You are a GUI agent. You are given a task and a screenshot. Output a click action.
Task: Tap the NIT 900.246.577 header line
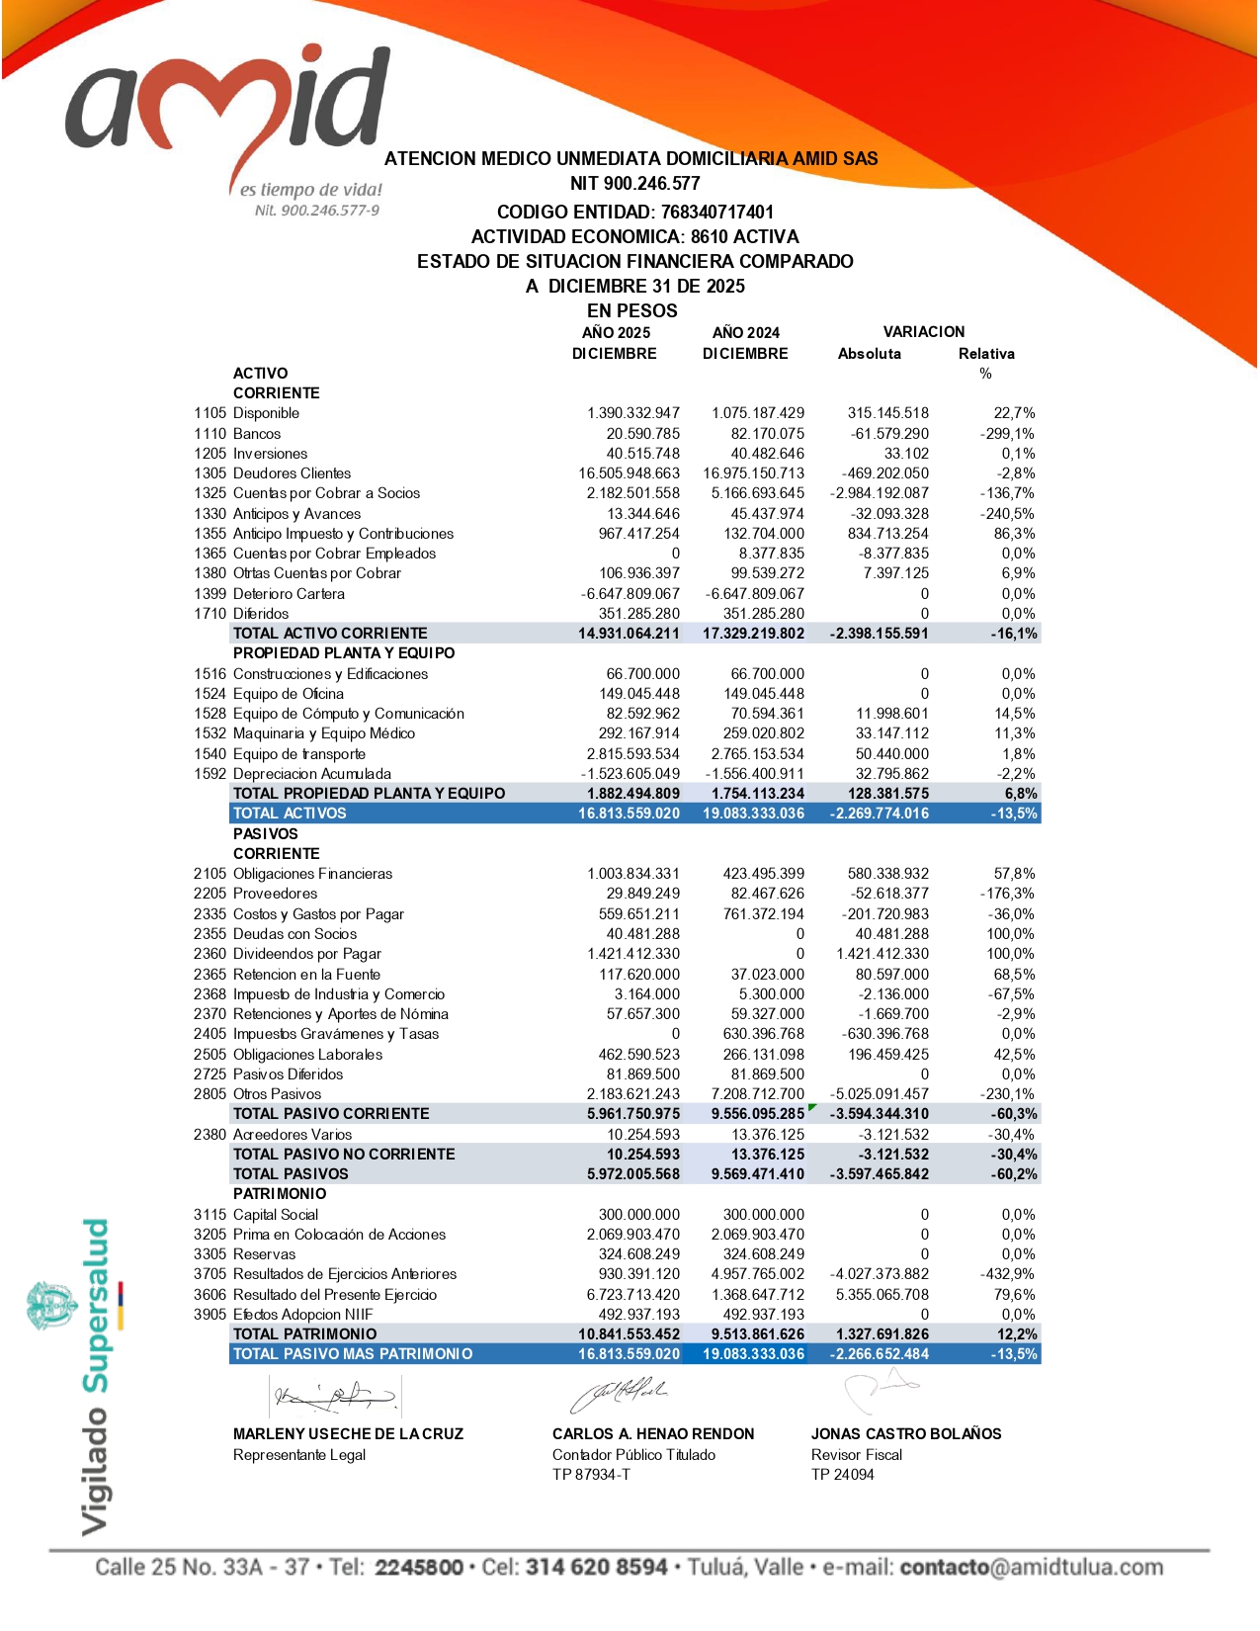click(x=634, y=184)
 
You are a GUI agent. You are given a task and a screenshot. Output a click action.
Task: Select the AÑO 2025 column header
click(x=616, y=333)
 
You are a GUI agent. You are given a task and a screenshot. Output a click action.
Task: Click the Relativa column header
click(x=985, y=354)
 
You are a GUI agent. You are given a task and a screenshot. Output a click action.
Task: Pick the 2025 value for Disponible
click(x=632, y=413)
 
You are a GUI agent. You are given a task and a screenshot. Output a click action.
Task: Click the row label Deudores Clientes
click(x=292, y=473)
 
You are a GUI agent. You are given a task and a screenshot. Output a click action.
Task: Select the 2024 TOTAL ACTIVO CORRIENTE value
click(x=753, y=634)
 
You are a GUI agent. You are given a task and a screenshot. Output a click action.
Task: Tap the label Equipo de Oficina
click(x=288, y=694)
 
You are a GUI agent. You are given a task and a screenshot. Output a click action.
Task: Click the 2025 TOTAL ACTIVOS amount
click(x=629, y=814)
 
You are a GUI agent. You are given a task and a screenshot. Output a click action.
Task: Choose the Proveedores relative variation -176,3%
click(x=1007, y=894)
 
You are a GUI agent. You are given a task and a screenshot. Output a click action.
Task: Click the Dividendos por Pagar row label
click(x=306, y=954)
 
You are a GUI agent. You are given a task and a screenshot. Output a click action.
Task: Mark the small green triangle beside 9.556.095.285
click(x=812, y=1108)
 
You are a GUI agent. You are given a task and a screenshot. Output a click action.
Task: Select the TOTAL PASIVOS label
click(x=291, y=1174)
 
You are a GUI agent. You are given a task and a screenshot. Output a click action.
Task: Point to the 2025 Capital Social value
click(x=638, y=1215)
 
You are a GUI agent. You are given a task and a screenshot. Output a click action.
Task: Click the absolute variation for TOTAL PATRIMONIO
click(x=882, y=1334)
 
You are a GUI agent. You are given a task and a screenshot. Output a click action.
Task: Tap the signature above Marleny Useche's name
click(x=335, y=1397)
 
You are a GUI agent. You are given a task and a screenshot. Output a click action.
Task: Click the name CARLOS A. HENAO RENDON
click(x=652, y=1434)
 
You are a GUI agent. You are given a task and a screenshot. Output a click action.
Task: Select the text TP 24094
click(x=842, y=1475)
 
